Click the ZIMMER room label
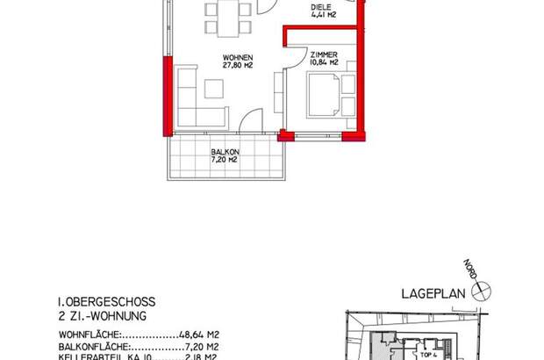click(323, 54)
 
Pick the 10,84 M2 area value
click(323, 62)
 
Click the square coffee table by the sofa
click(214, 89)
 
